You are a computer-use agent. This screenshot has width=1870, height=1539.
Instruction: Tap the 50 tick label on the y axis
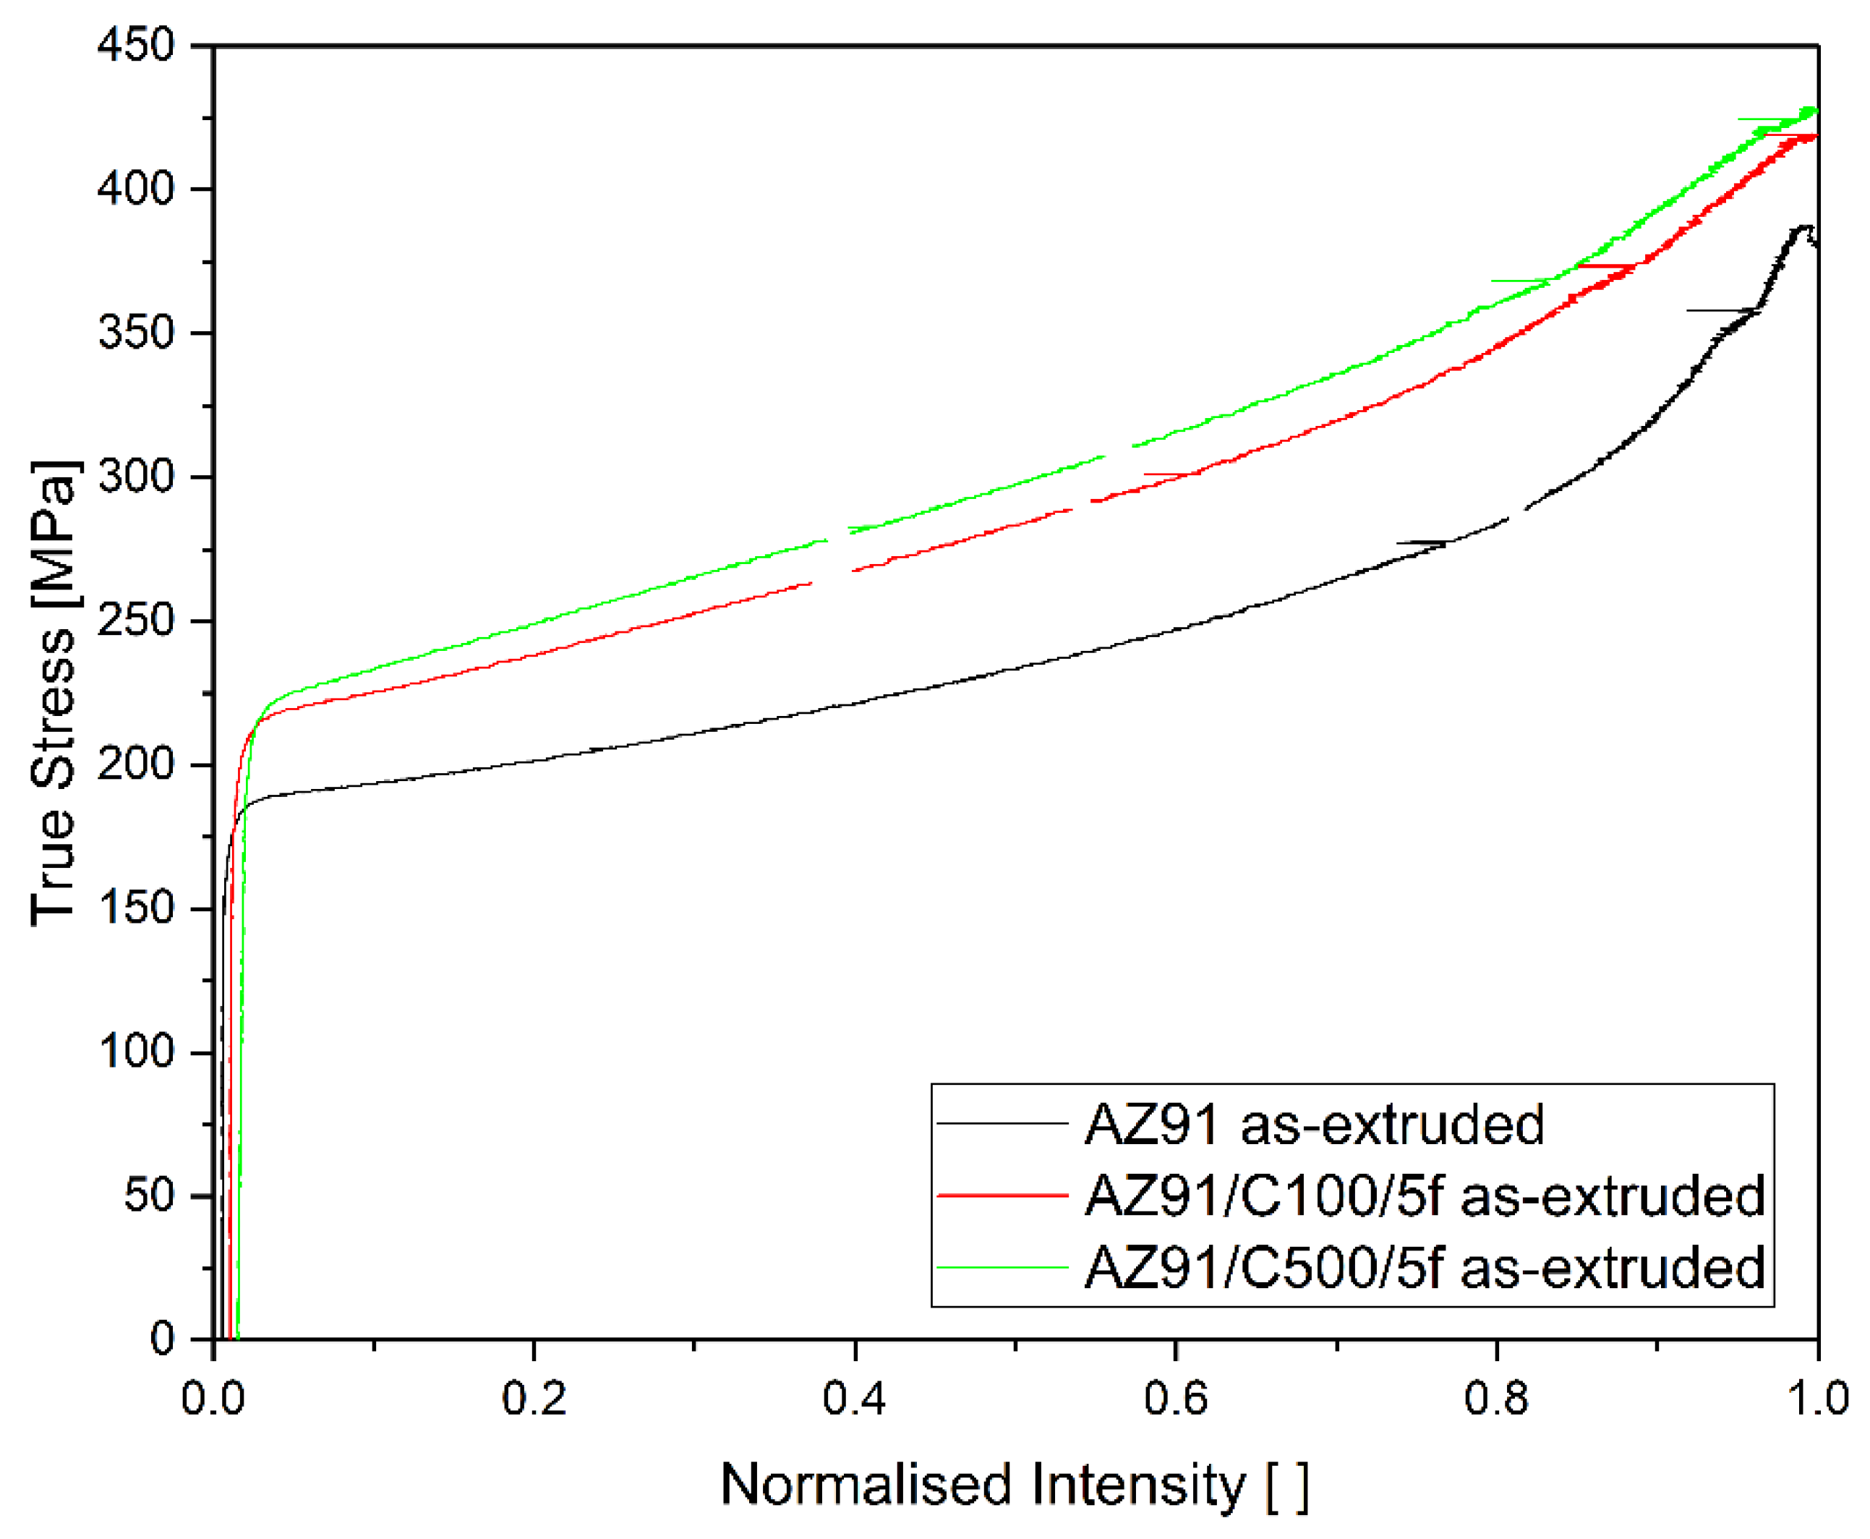[x=149, y=1195]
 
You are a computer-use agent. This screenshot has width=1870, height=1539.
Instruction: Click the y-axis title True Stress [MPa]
[x=54, y=692]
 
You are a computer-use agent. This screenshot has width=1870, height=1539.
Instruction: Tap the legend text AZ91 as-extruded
[x=1313, y=1124]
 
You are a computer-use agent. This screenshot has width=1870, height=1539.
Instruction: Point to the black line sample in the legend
[x=1002, y=1123]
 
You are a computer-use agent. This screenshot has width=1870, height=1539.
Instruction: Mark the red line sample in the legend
[x=1002, y=1195]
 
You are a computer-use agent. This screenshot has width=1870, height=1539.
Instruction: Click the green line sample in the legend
[x=1002, y=1268]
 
